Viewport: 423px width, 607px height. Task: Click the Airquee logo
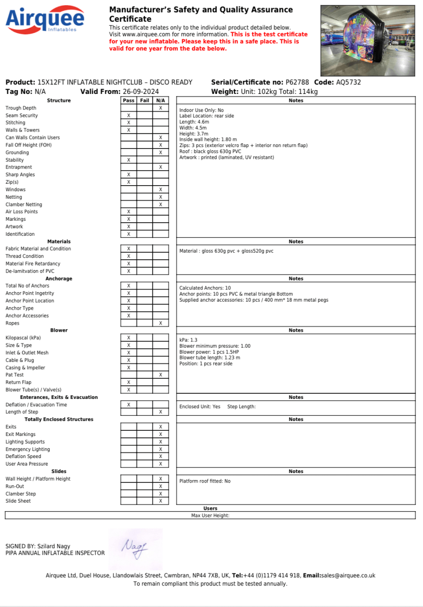pos(45,20)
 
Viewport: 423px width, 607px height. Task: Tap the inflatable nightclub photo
pos(368,40)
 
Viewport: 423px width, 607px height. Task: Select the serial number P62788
pos(297,82)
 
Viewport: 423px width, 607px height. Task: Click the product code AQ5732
pos(349,82)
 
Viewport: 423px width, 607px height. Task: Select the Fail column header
pos(145,101)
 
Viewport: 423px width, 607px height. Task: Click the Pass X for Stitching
pos(128,123)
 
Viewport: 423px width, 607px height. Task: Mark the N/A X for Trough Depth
pos(160,108)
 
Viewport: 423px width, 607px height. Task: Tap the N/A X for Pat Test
pos(160,375)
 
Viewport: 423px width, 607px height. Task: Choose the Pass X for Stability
pos(128,160)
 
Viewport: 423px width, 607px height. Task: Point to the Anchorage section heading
pos(59,279)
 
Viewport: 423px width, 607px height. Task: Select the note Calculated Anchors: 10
pos(205,288)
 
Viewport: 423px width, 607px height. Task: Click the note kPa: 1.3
pos(189,339)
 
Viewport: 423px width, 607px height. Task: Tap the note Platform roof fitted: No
pos(205,481)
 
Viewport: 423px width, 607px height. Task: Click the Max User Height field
pos(210,515)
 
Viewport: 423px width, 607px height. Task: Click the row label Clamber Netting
pos(23,204)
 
